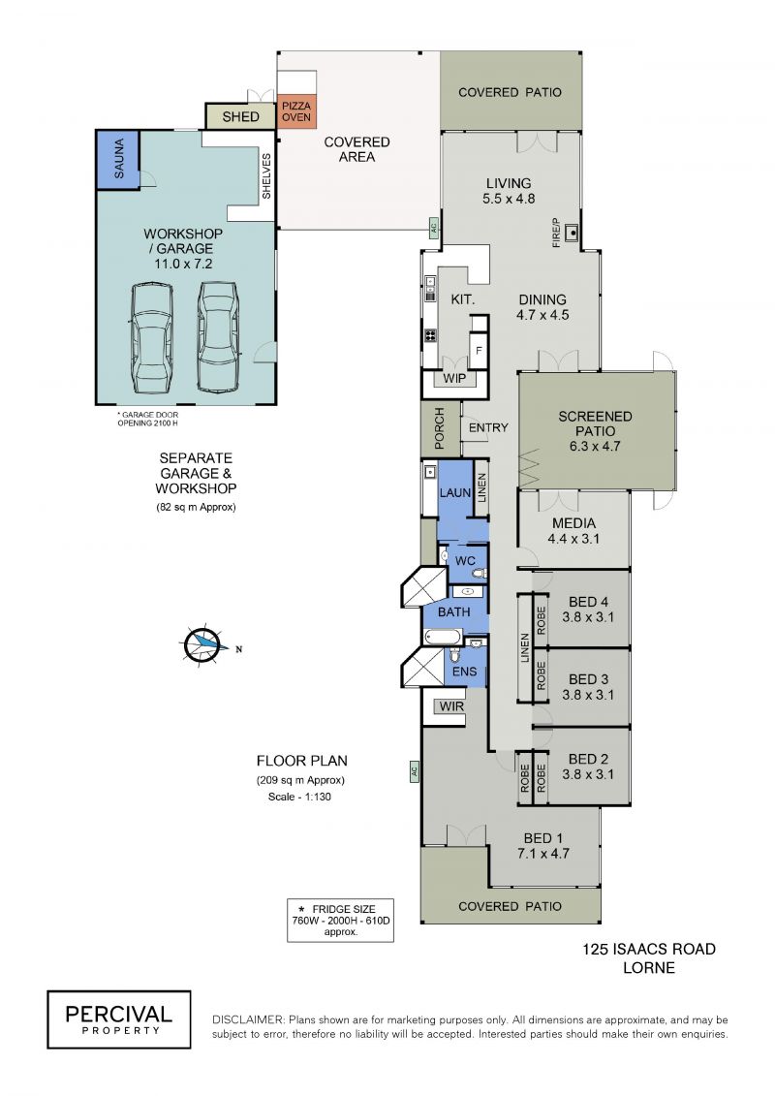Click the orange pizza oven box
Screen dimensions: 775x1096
296,111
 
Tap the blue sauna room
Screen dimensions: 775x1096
118,159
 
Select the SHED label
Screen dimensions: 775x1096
240,116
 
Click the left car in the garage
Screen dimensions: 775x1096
152,338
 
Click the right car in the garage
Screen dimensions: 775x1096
219,336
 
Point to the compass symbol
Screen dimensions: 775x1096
204,642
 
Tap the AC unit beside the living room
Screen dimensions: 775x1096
433,227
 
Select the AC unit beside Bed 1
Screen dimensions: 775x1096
414,771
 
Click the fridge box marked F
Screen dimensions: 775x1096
479,350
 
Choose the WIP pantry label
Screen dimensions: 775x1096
454,378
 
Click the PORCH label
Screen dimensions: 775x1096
440,427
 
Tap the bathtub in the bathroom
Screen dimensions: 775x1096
443,637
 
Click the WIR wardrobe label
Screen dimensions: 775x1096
451,706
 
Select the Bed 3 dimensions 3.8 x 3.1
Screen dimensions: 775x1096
588,695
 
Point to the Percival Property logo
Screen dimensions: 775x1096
119,1019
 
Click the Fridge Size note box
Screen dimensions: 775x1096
340,920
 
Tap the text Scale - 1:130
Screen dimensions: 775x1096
299,797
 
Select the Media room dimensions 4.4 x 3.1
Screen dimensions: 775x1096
573,539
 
